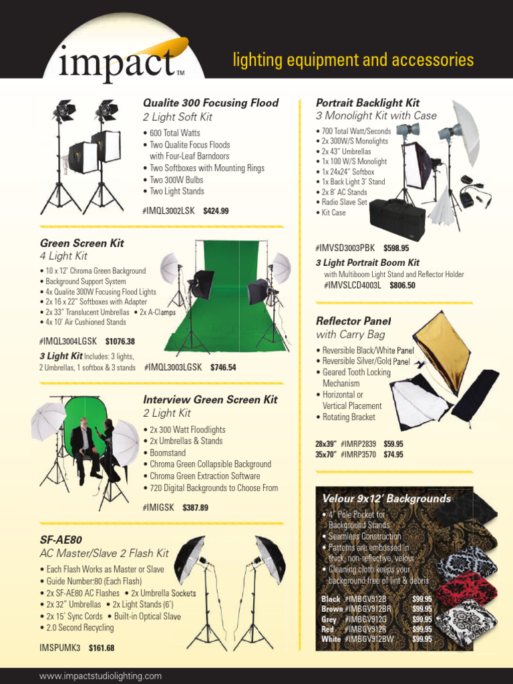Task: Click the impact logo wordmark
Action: [117, 64]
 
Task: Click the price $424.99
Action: [216, 211]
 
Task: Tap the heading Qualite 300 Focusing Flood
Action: [210, 103]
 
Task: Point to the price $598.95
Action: [396, 248]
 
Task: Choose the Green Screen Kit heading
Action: [82, 243]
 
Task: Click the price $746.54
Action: [223, 367]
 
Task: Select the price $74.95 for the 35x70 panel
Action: [393, 455]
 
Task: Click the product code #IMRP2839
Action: [359, 444]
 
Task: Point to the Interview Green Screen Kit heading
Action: [210, 399]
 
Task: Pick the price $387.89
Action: [195, 508]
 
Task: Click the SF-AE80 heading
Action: [61, 539]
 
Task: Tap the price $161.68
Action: [101, 648]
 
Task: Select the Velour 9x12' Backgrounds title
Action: [386, 499]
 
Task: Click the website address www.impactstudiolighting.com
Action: [100, 676]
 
